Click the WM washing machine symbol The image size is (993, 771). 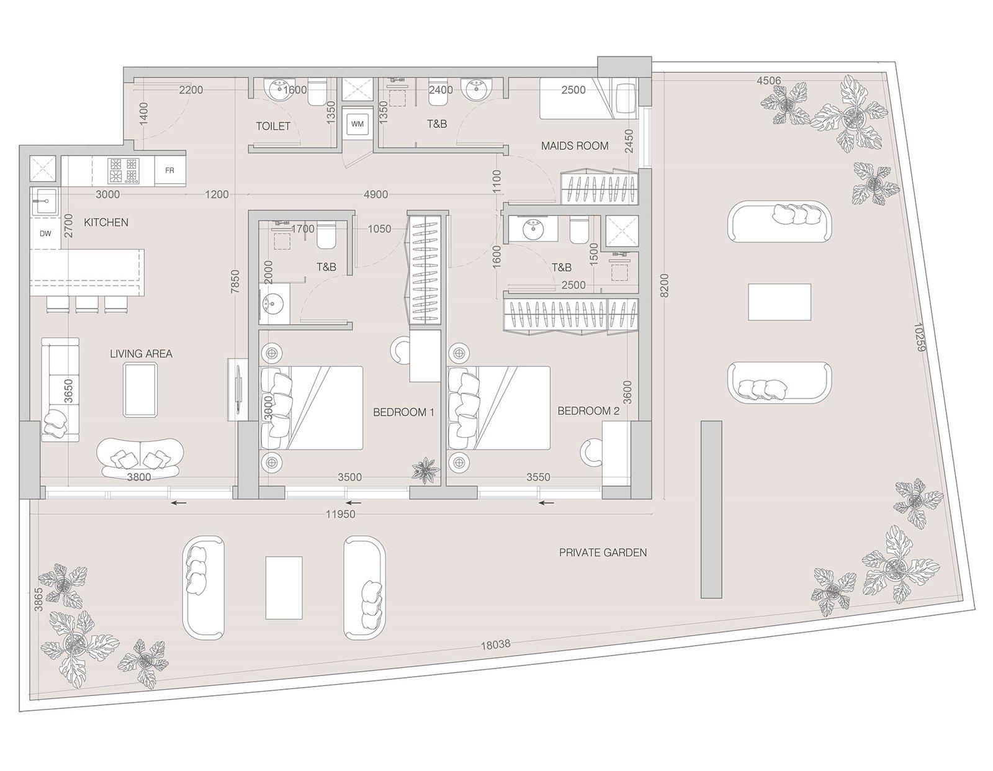357,124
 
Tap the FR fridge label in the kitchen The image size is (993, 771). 169,171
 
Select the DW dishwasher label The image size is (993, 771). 45,233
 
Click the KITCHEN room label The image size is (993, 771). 106,223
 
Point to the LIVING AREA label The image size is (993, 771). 142,354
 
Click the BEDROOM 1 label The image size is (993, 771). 403,412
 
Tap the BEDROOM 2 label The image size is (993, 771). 588,411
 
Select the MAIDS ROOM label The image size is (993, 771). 575,146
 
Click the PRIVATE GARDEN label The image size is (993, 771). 603,552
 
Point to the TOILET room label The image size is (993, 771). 273,126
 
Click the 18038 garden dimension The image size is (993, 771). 496,645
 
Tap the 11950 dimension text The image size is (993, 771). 341,514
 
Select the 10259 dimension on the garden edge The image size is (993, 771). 919,338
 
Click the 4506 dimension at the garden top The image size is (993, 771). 769,81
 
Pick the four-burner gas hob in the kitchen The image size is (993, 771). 124,171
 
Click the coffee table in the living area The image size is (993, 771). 141,389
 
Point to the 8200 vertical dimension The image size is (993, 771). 665,286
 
